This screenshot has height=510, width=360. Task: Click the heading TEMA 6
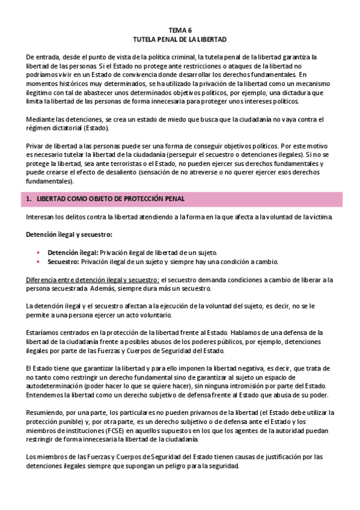(180, 29)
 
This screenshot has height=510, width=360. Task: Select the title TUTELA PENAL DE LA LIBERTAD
(180, 38)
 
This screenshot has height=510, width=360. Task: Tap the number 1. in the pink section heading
(29, 199)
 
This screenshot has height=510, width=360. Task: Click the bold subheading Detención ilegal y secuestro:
(69, 233)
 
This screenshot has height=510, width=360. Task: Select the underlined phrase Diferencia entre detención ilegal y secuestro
(93, 280)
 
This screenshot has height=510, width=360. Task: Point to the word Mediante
(41, 119)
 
